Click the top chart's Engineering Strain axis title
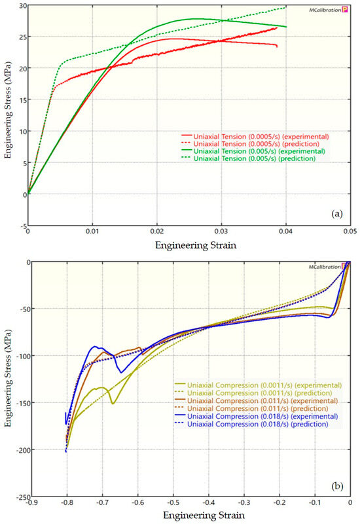pyautogui.click(x=189, y=244)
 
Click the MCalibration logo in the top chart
pyautogui.click(x=326, y=10)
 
